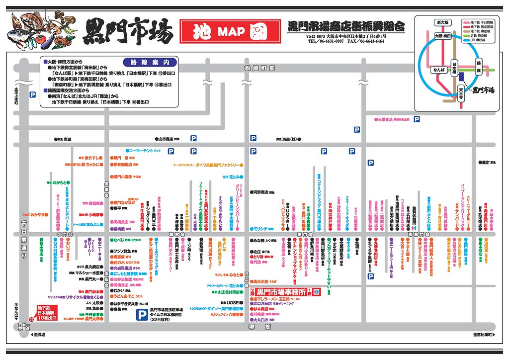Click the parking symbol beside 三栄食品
(x=417, y=119)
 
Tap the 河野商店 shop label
(x=262, y=191)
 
